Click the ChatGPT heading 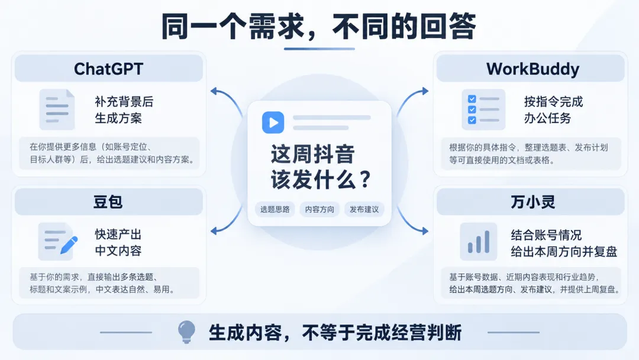tap(108, 69)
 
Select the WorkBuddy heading tap(532, 69)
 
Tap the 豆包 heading tap(108, 202)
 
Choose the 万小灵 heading tap(532, 202)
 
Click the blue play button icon tap(273, 123)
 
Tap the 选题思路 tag tap(275, 209)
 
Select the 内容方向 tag tap(319, 209)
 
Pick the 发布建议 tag tap(364, 209)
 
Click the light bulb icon tap(186, 332)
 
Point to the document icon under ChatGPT tap(57, 110)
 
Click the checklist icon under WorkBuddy tap(483, 110)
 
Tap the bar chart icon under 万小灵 tap(479, 242)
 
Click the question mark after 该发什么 tap(366, 179)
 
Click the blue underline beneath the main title tap(319, 49)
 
